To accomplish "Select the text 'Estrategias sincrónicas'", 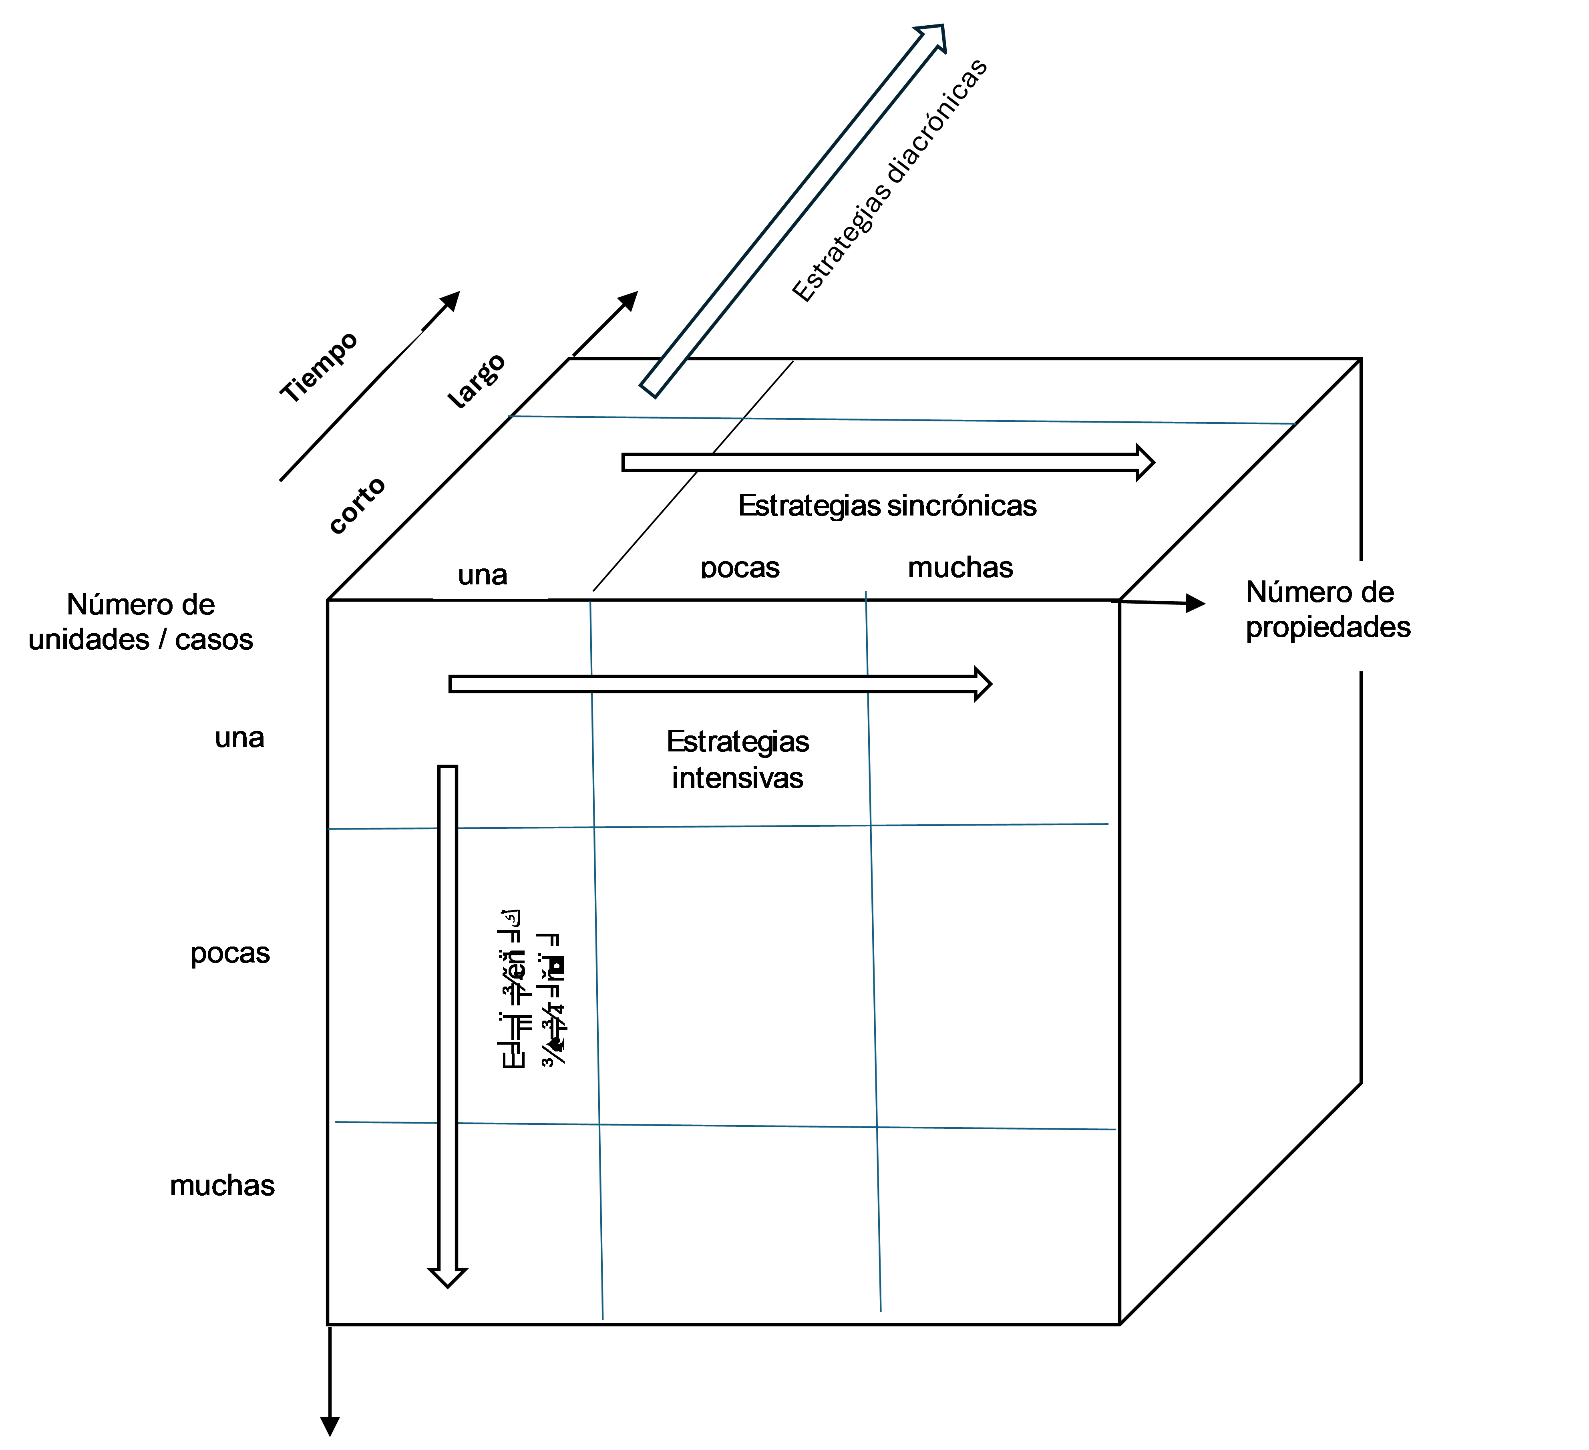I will pos(887,505).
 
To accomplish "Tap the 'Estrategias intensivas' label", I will pos(738,759).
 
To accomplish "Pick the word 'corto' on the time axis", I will pos(357,505).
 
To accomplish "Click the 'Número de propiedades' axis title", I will pos(1328,610).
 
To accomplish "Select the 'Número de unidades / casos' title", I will pos(141,621).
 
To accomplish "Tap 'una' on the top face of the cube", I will pos(483,575).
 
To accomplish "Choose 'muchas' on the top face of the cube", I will pos(960,568).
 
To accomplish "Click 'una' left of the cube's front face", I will pos(239,738).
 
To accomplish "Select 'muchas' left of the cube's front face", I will pos(222,1185).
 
